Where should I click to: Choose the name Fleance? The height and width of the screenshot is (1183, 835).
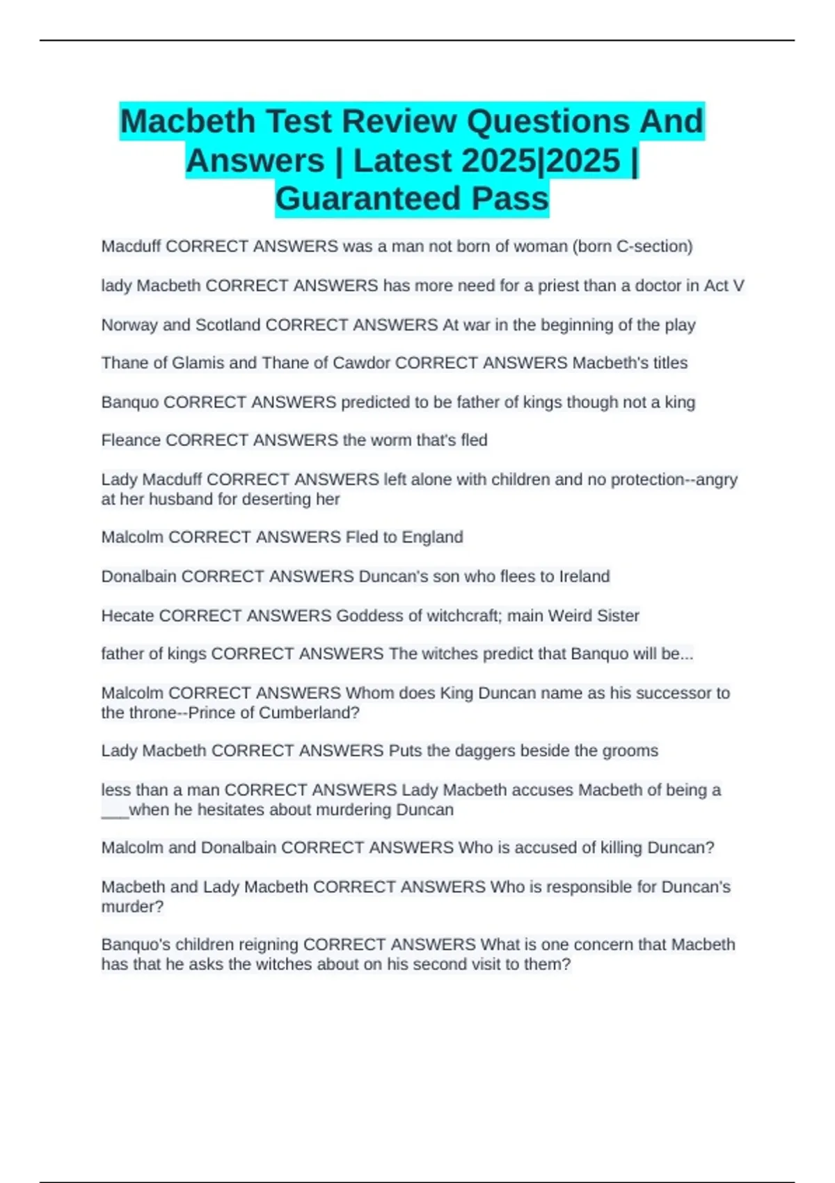coord(131,440)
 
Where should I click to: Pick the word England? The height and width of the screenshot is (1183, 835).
coord(437,537)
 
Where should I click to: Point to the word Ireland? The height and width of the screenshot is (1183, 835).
coord(584,577)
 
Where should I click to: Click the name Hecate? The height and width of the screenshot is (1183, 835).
coord(128,616)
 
